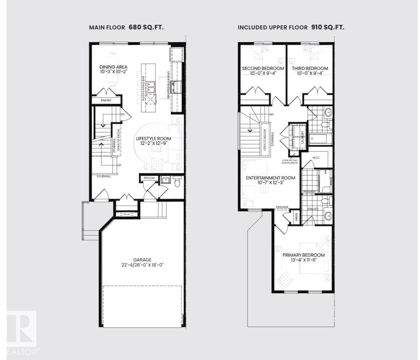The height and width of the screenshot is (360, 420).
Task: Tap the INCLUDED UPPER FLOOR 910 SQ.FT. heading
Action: [291, 27]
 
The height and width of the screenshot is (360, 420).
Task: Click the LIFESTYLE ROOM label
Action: [154, 138]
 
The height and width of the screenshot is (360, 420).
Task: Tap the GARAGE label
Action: [142, 260]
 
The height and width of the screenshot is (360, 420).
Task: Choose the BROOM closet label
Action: [149, 178]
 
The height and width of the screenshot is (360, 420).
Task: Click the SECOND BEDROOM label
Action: [263, 68]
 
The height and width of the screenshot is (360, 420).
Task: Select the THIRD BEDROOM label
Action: [310, 68]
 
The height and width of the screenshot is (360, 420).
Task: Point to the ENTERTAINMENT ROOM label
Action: [270, 178]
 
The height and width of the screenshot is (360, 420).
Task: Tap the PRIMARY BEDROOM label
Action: [304, 255]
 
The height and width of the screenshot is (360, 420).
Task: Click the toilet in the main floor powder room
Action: [177, 182]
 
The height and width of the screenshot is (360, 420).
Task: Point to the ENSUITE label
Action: [313, 209]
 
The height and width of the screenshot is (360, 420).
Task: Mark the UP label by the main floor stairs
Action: [118, 165]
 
